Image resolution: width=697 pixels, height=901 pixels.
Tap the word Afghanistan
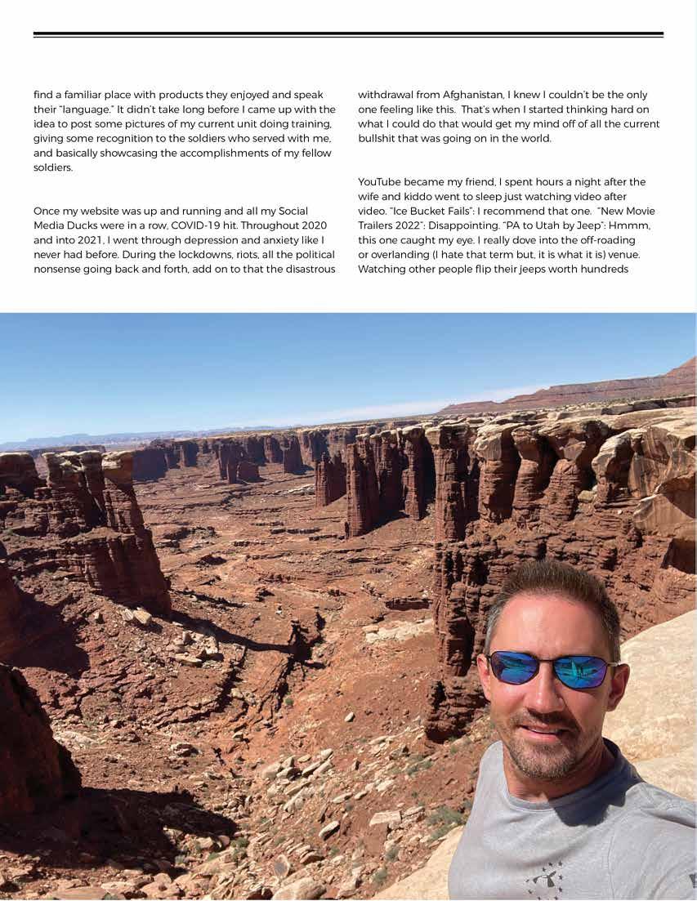[x=456, y=94]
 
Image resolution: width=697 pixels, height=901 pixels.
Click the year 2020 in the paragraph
[x=311, y=224]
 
